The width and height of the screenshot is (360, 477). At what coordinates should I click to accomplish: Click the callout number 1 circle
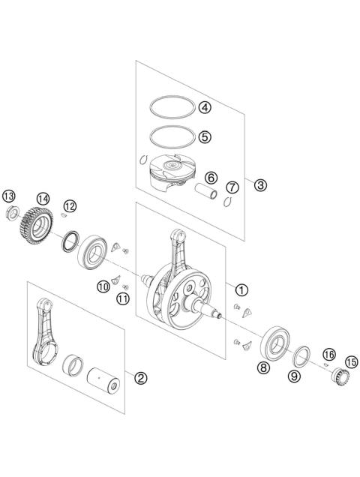tap(241, 289)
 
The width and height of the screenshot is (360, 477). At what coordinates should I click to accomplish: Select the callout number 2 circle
tap(140, 377)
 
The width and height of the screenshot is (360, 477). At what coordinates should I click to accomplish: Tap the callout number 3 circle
tap(259, 184)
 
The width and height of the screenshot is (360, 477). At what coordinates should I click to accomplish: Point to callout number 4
tap(205, 106)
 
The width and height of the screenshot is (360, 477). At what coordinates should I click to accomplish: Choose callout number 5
tap(205, 137)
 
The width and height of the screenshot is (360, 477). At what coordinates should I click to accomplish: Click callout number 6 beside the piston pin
tap(211, 178)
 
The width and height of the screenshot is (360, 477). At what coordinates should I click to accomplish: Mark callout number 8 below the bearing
tap(263, 367)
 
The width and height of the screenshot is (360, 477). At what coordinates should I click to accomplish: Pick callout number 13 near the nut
tap(9, 196)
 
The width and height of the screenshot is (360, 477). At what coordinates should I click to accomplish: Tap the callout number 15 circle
tap(350, 360)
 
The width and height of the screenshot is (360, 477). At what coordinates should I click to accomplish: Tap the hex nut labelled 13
tap(11, 212)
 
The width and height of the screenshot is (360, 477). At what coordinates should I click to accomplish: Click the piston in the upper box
tap(166, 175)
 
